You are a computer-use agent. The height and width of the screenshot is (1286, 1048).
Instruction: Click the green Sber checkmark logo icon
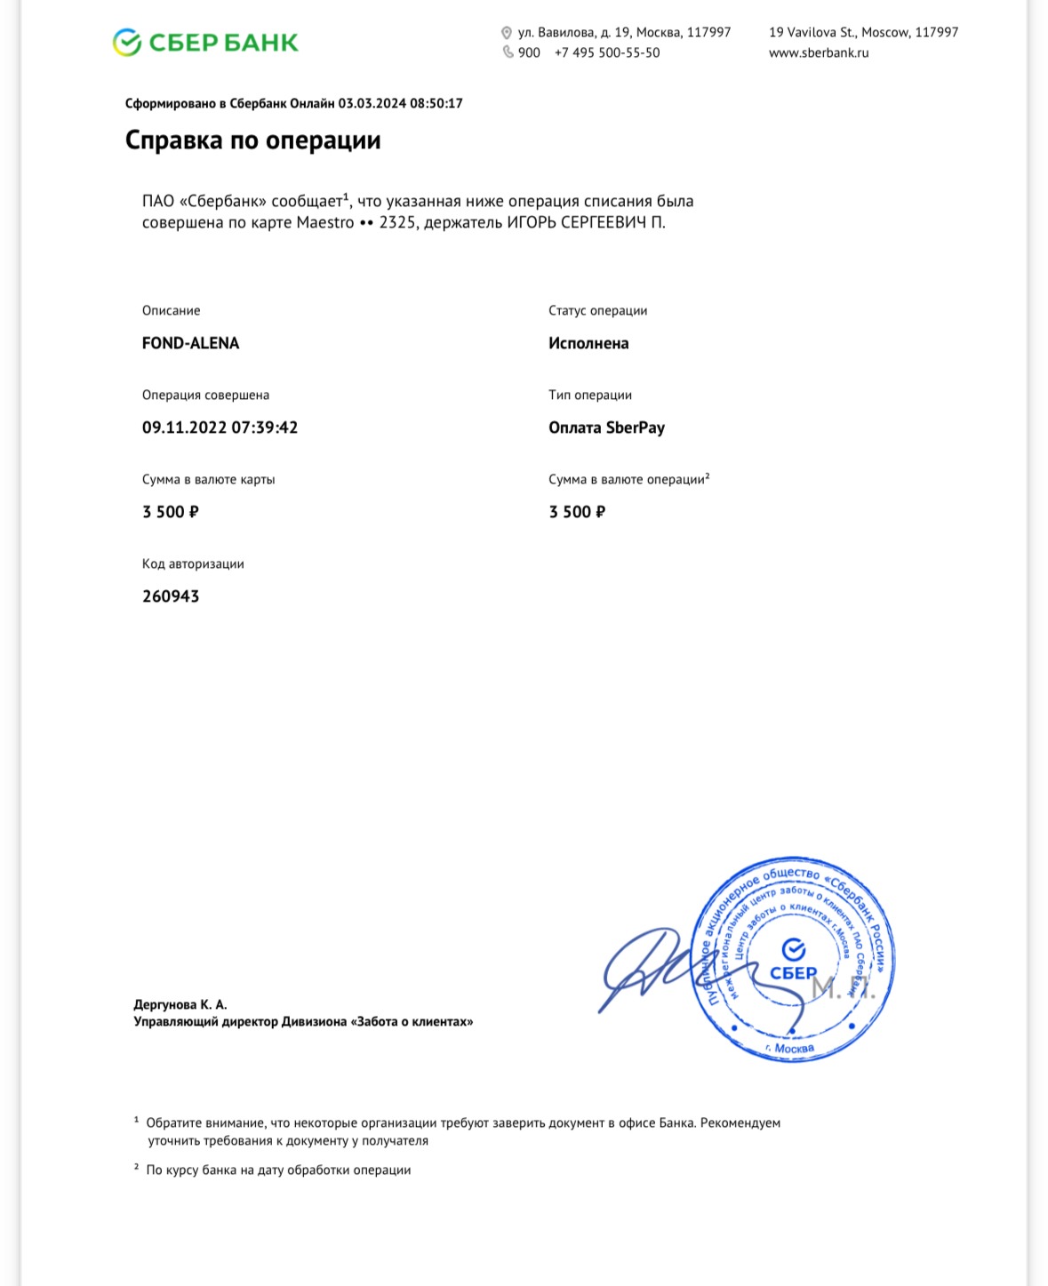pos(127,42)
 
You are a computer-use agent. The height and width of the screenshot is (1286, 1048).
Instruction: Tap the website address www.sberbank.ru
pos(819,52)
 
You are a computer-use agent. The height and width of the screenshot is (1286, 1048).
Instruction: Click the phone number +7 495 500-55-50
pos(607,52)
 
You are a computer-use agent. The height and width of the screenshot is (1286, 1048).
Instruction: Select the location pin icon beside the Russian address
pos(507,33)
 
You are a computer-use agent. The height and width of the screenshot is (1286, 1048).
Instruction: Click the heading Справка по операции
pos(252,140)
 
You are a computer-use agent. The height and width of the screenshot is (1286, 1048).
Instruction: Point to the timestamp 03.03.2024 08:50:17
pos(400,103)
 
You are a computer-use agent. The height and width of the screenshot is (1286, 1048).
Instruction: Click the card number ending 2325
pos(396,222)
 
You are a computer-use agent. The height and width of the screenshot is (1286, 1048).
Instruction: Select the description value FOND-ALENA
pos(190,343)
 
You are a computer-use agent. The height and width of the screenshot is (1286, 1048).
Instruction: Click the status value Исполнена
pos(588,343)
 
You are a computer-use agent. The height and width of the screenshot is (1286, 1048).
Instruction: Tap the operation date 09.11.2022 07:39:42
pos(220,427)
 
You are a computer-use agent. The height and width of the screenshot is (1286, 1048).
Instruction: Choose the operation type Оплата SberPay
pos(606,427)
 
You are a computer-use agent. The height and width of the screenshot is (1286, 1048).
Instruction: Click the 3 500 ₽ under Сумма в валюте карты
pos(170,512)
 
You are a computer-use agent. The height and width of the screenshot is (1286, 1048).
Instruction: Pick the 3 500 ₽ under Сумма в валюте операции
pos(577,512)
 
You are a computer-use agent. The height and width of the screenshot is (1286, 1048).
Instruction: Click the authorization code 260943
pos(171,596)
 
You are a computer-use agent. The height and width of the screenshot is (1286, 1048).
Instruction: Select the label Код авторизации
pos(193,563)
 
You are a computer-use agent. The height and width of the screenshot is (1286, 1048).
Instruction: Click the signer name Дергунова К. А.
pos(180,1004)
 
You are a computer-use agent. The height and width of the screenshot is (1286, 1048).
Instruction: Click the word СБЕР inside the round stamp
pos(793,972)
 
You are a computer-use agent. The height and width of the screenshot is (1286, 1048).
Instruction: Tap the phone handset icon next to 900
pos(508,52)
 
